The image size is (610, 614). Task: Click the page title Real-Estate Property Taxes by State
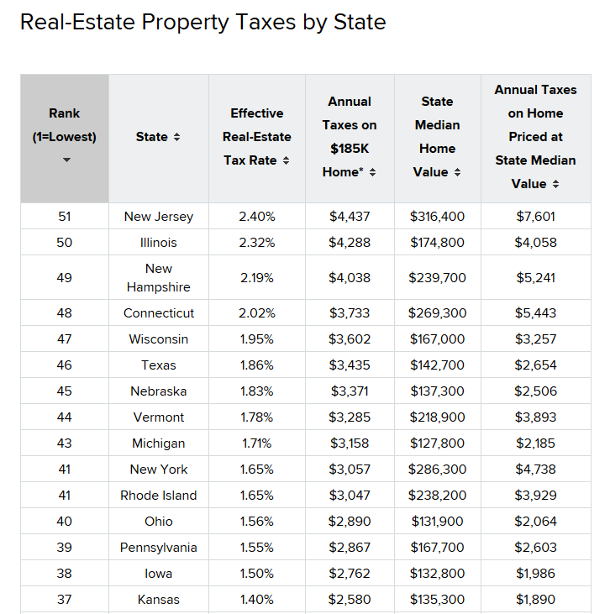[202, 22]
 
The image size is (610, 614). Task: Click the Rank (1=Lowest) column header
[65, 125]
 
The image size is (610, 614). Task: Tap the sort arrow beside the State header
[176, 137]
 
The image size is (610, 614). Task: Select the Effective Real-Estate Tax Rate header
[256, 137]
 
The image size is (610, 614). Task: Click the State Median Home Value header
[436, 137]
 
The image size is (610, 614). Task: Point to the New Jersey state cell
[158, 217]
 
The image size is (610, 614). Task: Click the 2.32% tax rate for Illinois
[256, 243]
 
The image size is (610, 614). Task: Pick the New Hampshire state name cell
[158, 278]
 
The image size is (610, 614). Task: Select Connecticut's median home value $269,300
[437, 313]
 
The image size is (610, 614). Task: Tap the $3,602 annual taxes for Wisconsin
[349, 339]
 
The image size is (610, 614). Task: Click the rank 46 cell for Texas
[65, 365]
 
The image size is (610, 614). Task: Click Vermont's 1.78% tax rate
[256, 417]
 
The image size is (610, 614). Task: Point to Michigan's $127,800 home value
[437, 443]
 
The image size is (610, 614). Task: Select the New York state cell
[158, 470]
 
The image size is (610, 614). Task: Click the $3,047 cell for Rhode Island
[349, 496]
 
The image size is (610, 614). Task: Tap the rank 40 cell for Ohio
[65, 522]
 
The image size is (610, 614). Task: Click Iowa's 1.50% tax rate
[256, 574]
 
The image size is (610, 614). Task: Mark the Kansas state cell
[158, 600]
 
